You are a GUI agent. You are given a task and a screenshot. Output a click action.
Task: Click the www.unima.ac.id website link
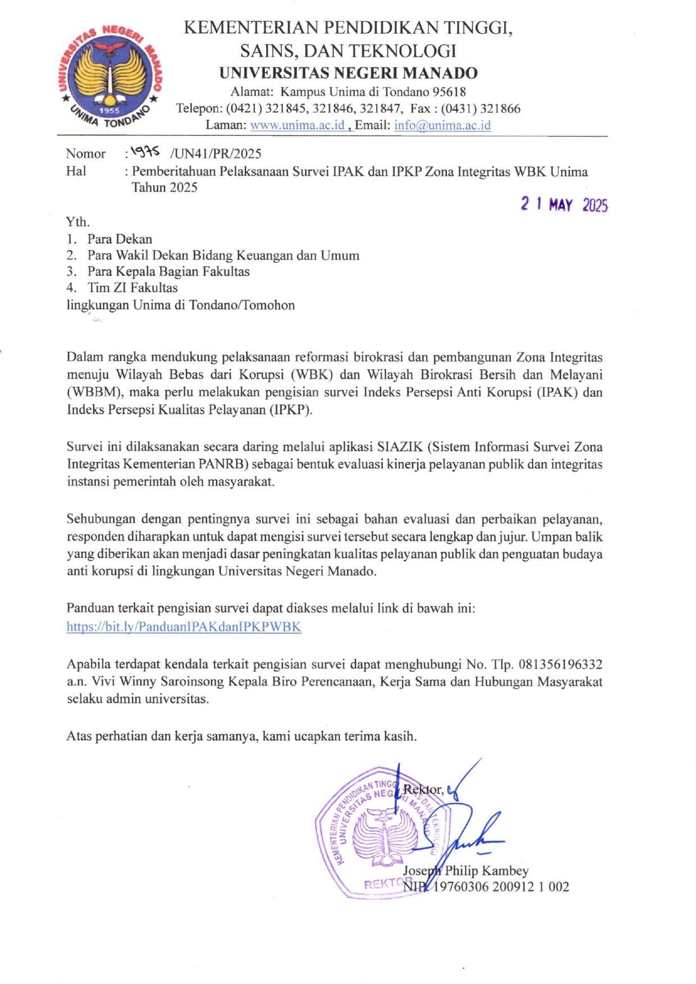coord(297,125)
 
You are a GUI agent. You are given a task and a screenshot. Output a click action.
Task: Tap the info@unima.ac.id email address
coord(442,125)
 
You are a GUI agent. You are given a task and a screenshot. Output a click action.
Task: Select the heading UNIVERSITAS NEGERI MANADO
coord(348,73)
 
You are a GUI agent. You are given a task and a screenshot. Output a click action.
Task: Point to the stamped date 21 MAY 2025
coord(564,204)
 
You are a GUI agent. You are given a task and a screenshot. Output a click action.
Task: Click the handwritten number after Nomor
coord(145,152)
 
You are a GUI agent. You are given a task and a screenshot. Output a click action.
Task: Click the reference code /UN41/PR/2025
coord(216,154)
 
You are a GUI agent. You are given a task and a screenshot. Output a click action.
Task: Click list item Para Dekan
coord(120,239)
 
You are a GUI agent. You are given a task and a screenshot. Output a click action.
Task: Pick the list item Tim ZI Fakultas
coord(132,288)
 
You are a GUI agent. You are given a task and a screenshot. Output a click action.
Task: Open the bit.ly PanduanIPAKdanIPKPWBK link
coord(184,627)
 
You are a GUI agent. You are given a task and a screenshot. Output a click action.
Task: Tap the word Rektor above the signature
coord(422,790)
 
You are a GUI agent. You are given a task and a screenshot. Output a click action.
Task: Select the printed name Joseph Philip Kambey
coord(466,871)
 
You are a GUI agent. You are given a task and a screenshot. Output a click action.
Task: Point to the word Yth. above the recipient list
coord(77,222)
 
